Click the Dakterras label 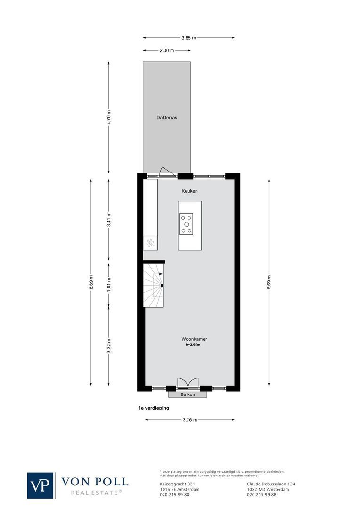167,118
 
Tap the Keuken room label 190,191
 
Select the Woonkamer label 194,339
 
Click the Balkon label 188,394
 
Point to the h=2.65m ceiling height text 193,345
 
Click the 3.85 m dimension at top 188,38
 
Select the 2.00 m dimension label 167,50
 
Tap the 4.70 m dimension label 109,117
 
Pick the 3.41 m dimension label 109,220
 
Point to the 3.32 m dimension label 109,346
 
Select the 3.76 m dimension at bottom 189,420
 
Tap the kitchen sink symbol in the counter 150,243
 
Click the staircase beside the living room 154,285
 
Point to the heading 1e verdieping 154,408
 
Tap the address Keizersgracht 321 175,484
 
